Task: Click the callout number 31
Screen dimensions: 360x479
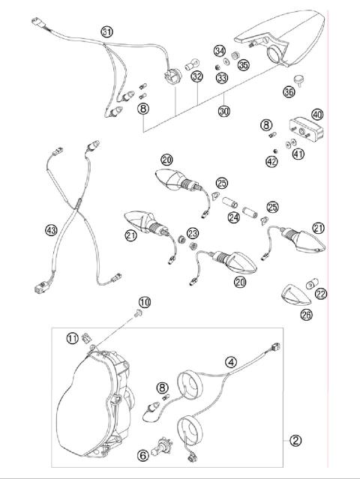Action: coord(106,31)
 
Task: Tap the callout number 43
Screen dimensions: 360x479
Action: coord(51,229)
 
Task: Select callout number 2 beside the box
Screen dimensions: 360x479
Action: coord(295,440)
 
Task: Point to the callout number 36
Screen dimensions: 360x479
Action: coord(289,91)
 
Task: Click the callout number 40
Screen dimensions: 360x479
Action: coord(317,115)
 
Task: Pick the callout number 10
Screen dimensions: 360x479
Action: coord(145,302)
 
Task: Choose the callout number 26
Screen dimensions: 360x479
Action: coord(307,314)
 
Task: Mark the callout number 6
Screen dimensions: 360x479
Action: coord(143,456)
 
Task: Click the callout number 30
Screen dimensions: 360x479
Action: coord(224,111)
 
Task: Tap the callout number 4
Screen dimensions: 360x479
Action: coord(231,362)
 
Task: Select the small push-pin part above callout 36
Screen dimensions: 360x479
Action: coord(299,80)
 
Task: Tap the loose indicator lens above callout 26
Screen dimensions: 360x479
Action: coord(295,295)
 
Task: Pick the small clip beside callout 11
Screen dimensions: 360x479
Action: coord(85,338)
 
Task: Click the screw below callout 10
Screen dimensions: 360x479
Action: coord(139,313)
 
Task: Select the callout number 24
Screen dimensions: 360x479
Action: coord(233,217)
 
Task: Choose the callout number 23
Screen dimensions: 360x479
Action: coord(193,233)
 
